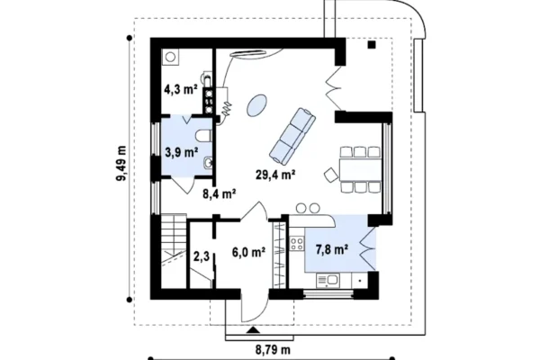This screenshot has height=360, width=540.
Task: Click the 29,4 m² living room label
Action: click(x=275, y=175)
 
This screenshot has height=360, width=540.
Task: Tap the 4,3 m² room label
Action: click(x=181, y=90)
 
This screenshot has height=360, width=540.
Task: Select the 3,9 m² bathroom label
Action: click(x=182, y=152)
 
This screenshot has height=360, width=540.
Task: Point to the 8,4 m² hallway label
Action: click(x=219, y=194)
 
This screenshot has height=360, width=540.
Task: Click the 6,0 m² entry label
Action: click(x=248, y=253)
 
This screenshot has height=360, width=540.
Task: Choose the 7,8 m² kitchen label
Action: click(x=331, y=249)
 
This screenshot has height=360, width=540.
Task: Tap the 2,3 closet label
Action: click(x=202, y=256)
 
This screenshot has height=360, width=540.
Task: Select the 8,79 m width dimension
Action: click(x=273, y=350)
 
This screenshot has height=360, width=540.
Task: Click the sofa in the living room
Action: click(x=292, y=136)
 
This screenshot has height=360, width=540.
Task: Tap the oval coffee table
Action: click(x=256, y=105)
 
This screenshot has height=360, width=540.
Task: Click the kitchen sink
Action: click(x=328, y=281)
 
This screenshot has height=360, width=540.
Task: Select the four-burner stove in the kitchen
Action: click(x=296, y=244)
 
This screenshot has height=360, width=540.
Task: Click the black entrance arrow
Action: click(x=254, y=330)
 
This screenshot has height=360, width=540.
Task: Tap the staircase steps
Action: click(x=173, y=251)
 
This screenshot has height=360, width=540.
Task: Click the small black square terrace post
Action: click(x=372, y=44)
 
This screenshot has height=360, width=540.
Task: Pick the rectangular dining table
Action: click(x=360, y=169)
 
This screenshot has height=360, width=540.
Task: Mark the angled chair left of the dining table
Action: click(x=331, y=175)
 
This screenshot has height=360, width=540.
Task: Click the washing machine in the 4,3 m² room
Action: click(x=170, y=57)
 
